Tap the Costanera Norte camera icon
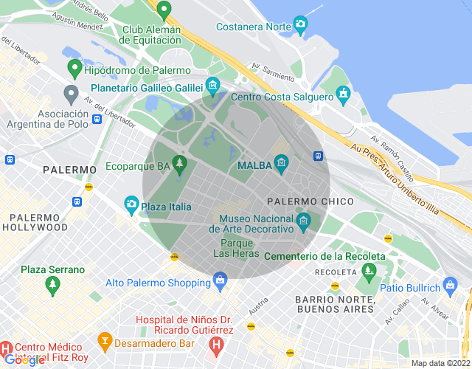(x=300, y=24)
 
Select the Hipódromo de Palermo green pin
(x=74, y=69)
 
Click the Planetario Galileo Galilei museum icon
(x=212, y=86)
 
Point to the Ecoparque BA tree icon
(x=179, y=162)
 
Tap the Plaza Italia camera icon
(x=131, y=203)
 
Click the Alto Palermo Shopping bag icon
(x=219, y=280)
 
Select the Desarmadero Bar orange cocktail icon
(x=105, y=340)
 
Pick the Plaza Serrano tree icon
(x=52, y=283)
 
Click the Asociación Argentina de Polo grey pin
(x=71, y=94)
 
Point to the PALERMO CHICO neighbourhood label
(x=310, y=201)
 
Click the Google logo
(x=24, y=360)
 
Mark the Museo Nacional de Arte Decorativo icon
(x=303, y=220)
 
